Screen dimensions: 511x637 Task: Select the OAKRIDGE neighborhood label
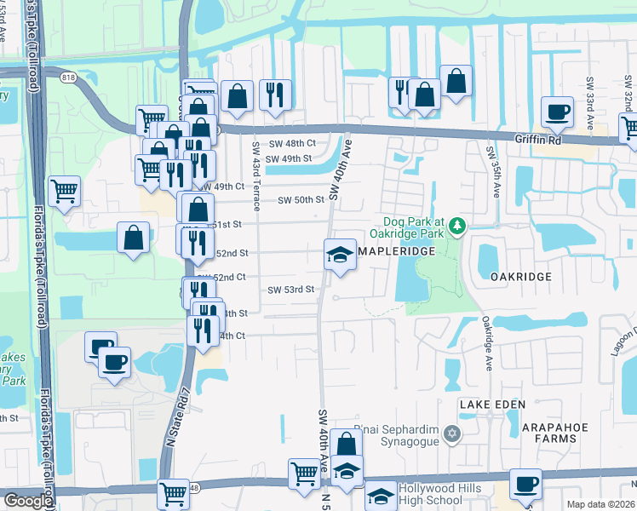pos(520,277)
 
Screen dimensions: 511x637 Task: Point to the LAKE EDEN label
pos(488,404)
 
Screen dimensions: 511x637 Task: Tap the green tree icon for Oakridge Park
pos(458,226)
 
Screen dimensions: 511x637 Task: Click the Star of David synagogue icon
pos(453,434)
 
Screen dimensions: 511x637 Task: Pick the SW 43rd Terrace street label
pos(255,175)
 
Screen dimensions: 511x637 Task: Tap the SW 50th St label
pos(301,200)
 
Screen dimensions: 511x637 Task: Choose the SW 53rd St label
pos(291,290)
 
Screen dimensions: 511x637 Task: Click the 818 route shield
pos(66,78)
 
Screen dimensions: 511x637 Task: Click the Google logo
pos(27,500)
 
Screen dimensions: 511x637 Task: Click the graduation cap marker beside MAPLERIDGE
pos(340,255)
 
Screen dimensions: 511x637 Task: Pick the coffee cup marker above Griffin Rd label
pos(557,112)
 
